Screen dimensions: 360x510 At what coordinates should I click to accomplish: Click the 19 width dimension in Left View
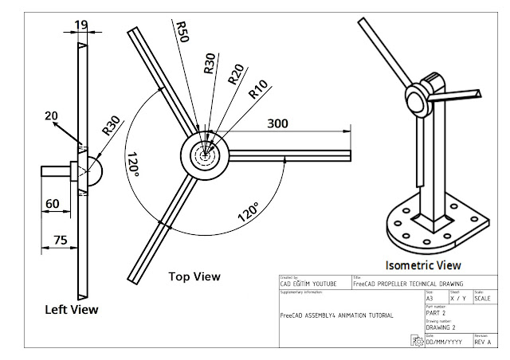pyautogui.click(x=83, y=25)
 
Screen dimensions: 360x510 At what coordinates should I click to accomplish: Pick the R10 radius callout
pyautogui.click(x=257, y=90)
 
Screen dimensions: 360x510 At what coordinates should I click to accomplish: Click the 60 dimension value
pyautogui.click(x=53, y=204)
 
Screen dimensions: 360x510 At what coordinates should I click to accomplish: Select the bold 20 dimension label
pyautogui.click(x=51, y=116)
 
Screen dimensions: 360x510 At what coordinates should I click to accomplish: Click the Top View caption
pyautogui.click(x=194, y=276)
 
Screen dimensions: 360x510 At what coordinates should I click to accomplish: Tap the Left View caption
pyautogui.click(x=72, y=309)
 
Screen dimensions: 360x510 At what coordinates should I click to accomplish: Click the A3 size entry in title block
pyautogui.click(x=431, y=297)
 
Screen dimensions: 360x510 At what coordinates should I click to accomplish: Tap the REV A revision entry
pyautogui.click(x=484, y=342)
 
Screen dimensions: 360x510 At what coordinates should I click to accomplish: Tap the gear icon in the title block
pyautogui.click(x=417, y=340)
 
